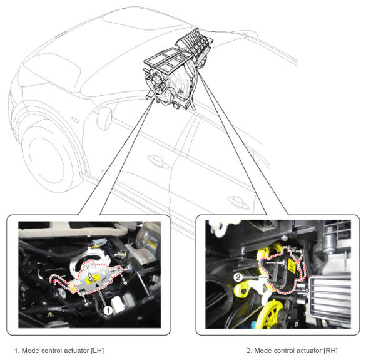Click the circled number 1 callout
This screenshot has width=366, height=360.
click(x=108, y=311)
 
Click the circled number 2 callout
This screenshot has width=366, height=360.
click(x=238, y=277)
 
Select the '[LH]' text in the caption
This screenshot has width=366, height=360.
click(x=98, y=351)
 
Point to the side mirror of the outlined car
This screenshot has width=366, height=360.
click(x=104, y=118)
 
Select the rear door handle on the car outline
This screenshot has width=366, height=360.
click(x=238, y=202)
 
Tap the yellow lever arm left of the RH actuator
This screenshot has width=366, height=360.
click(x=243, y=289)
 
